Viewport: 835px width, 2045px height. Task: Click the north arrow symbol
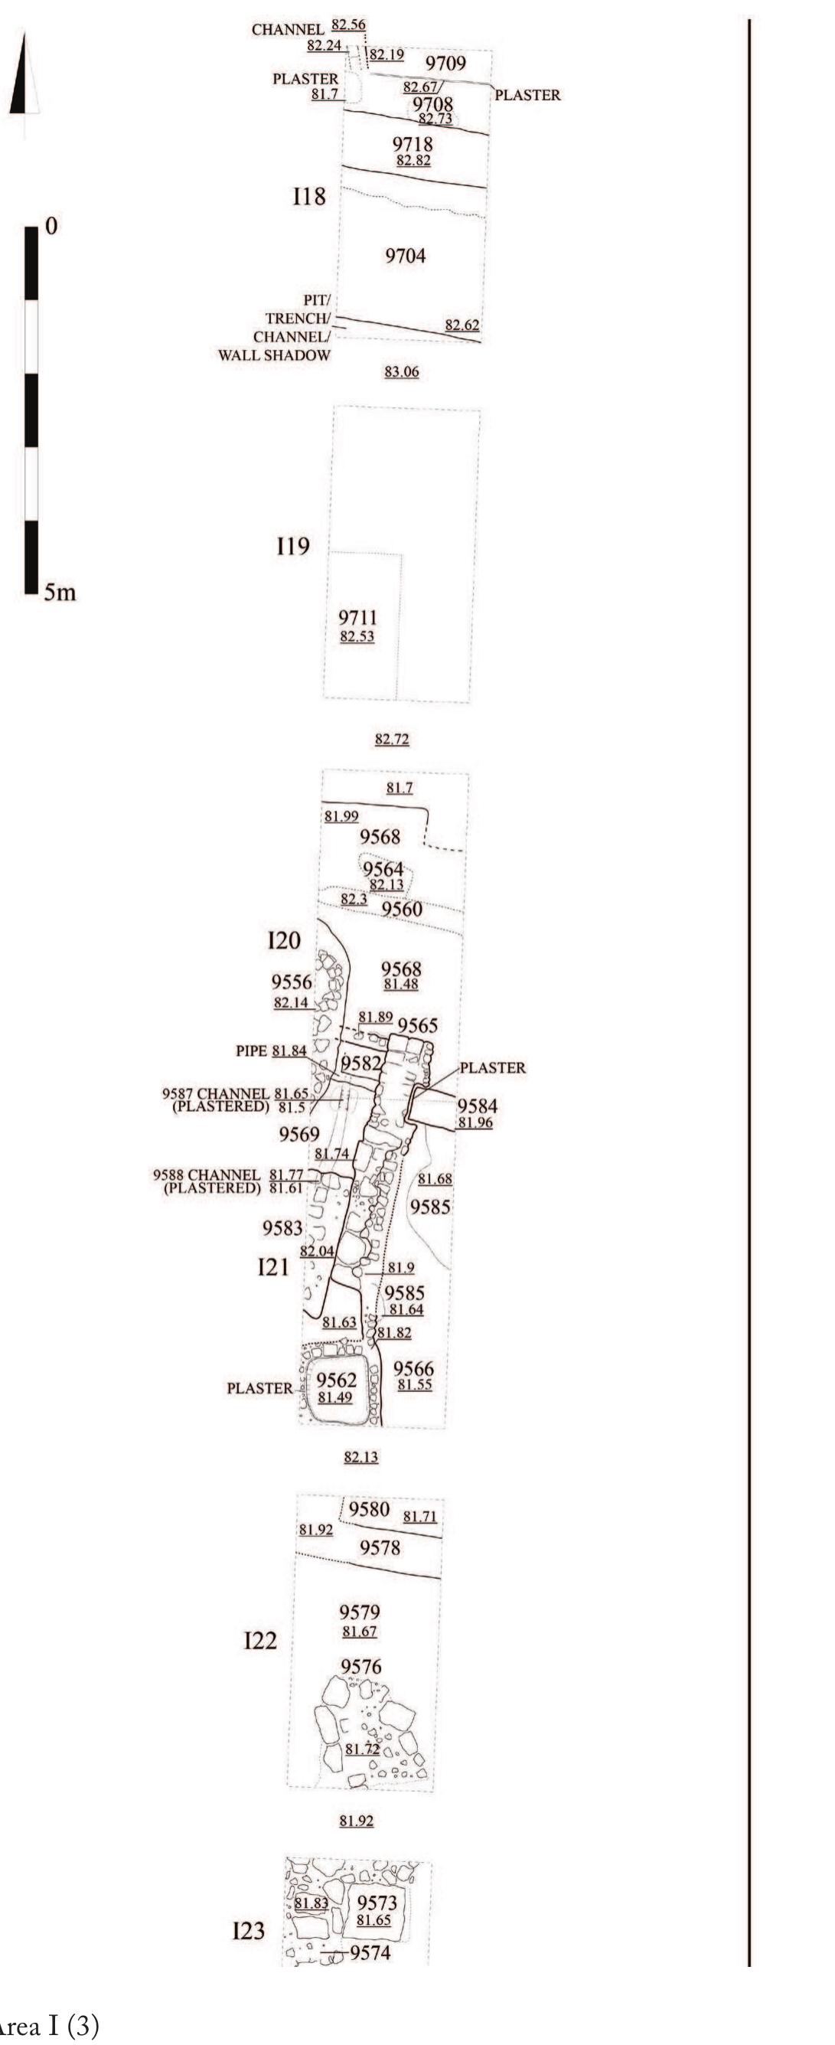point(24,76)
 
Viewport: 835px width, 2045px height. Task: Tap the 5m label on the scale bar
point(60,593)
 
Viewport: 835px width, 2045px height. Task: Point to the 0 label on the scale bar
point(51,227)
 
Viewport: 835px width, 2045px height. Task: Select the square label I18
point(308,196)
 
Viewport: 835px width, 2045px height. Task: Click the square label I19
point(293,546)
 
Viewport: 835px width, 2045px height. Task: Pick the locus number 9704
point(406,256)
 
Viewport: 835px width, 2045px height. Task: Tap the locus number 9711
point(358,618)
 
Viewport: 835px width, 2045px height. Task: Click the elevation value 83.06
point(402,371)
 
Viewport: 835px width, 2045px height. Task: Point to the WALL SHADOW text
point(274,356)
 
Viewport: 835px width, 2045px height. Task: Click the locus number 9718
point(413,145)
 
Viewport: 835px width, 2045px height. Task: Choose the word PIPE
point(252,1051)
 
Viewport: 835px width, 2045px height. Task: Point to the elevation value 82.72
point(392,740)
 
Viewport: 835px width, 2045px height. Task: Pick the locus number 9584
point(478,1106)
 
